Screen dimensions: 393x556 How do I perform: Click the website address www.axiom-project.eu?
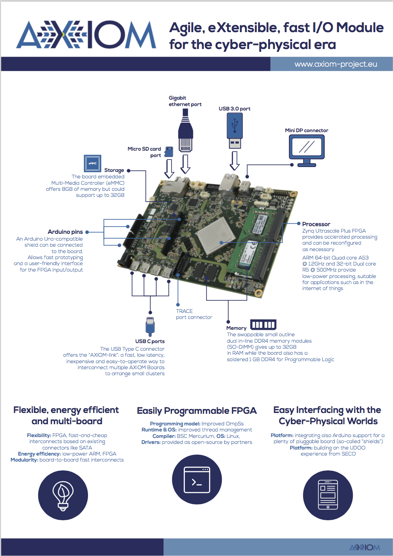[336, 64]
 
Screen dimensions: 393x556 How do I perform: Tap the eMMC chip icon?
[92, 164]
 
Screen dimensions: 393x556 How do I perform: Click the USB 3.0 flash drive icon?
[235, 131]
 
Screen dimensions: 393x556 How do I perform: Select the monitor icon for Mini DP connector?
[307, 150]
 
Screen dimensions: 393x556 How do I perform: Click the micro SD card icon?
[169, 151]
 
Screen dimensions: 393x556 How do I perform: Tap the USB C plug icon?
[150, 326]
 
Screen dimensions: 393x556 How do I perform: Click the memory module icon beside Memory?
[263, 325]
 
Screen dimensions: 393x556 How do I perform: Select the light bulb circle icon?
[63, 495]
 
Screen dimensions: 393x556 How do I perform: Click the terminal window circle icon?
[197, 479]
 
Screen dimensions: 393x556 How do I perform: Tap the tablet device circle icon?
[328, 495]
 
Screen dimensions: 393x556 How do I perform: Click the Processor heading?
[316, 224]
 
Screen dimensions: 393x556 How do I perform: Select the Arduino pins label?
[65, 232]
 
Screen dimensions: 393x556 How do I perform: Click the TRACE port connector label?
[194, 314]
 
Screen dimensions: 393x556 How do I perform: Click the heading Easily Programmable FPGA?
[196, 411]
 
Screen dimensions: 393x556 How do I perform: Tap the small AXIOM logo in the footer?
[364, 547]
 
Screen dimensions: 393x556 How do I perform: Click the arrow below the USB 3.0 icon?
[234, 161]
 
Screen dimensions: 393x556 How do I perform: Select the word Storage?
[114, 170]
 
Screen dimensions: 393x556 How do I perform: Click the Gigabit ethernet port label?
[185, 101]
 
